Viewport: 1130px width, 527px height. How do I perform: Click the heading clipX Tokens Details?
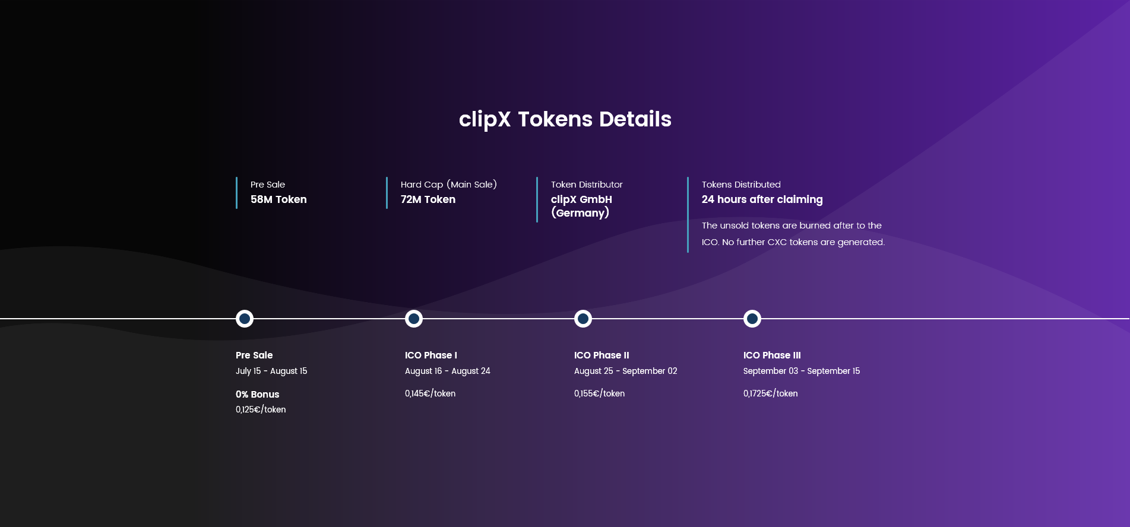[565, 119]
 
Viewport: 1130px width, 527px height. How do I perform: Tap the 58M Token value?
[278, 199]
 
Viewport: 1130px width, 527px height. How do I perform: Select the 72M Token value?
[428, 199]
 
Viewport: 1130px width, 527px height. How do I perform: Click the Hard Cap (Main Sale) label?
[449, 185]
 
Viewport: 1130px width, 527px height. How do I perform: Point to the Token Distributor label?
[587, 185]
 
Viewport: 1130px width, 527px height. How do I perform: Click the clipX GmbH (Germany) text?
[581, 206]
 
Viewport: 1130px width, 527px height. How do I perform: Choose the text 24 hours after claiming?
[762, 199]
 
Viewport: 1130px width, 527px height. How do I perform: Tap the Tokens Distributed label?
[741, 185]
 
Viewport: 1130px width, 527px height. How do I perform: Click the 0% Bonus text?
[257, 394]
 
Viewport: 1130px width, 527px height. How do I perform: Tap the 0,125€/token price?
[261, 409]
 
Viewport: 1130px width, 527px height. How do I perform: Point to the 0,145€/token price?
[430, 393]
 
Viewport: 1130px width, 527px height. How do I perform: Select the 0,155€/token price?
[599, 393]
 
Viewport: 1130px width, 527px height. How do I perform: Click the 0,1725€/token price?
[770, 393]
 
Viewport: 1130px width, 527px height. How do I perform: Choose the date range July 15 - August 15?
[271, 371]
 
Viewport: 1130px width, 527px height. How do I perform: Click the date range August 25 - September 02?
[625, 371]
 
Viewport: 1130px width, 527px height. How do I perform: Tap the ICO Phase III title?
[772, 355]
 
